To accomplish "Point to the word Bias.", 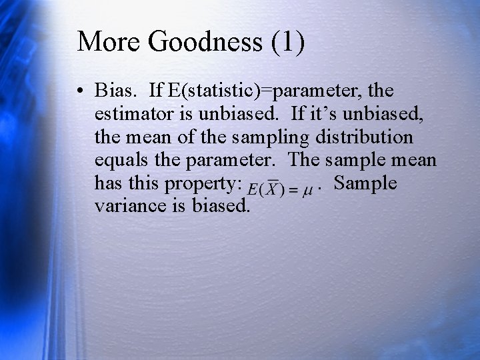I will point(116,90).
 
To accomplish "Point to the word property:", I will point(206,184).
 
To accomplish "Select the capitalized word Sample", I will point(365,183).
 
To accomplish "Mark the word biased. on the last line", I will point(221,206).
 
